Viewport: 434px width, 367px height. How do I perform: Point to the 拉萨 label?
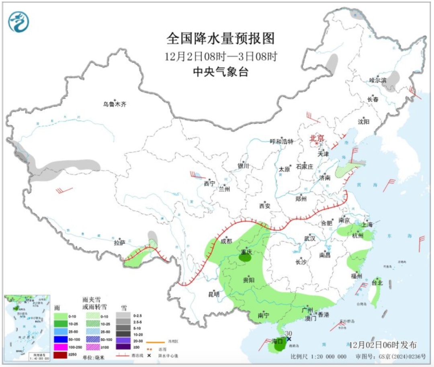119,243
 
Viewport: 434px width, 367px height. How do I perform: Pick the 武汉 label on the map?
310,238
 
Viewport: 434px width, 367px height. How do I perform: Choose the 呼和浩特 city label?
281,141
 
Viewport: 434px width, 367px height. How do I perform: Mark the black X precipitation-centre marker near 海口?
289,339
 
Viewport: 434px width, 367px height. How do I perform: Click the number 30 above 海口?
288,333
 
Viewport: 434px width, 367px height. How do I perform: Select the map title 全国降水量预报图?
220,39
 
